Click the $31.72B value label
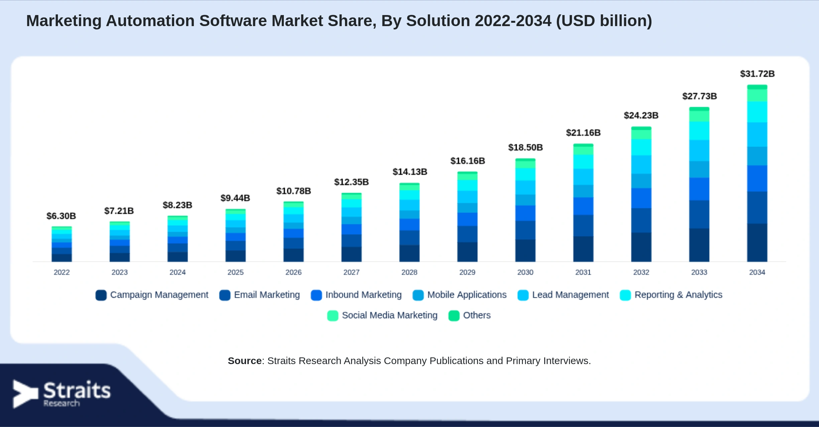pyautogui.click(x=757, y=74)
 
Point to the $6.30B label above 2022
pyautogui.click(x=61, y=216)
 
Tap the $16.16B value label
pyautogui.click(x=468, y=161)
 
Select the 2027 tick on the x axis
pyautogui.click(x=351, y=272)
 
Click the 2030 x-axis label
pyautogui.click(x=525, y=272)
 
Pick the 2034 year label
pyautogui.click(x=757, y=272)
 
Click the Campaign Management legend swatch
pyautogui.click(x=101, y=295)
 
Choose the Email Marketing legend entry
pyautogui.click(x=260, y=295)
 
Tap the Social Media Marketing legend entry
pyautogui.click(x=382, y=315)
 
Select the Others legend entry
pyautogui.click(x=470, y=315)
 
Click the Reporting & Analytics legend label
pyautogui.click(x=678, y=295)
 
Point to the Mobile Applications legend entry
pyautogui.click(x=460, y=295)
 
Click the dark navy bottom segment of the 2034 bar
pyautogui.click(x=757, y=243)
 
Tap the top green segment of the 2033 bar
pyautogui.click(x=699, y=109)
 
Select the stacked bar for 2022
pyautogui.click(x=62, y=244)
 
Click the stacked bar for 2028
pyautogui.click(x=409, y=222)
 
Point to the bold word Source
pyautogui.click(x=245, y=361)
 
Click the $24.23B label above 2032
pyautogui.click(x=641, y=115)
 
